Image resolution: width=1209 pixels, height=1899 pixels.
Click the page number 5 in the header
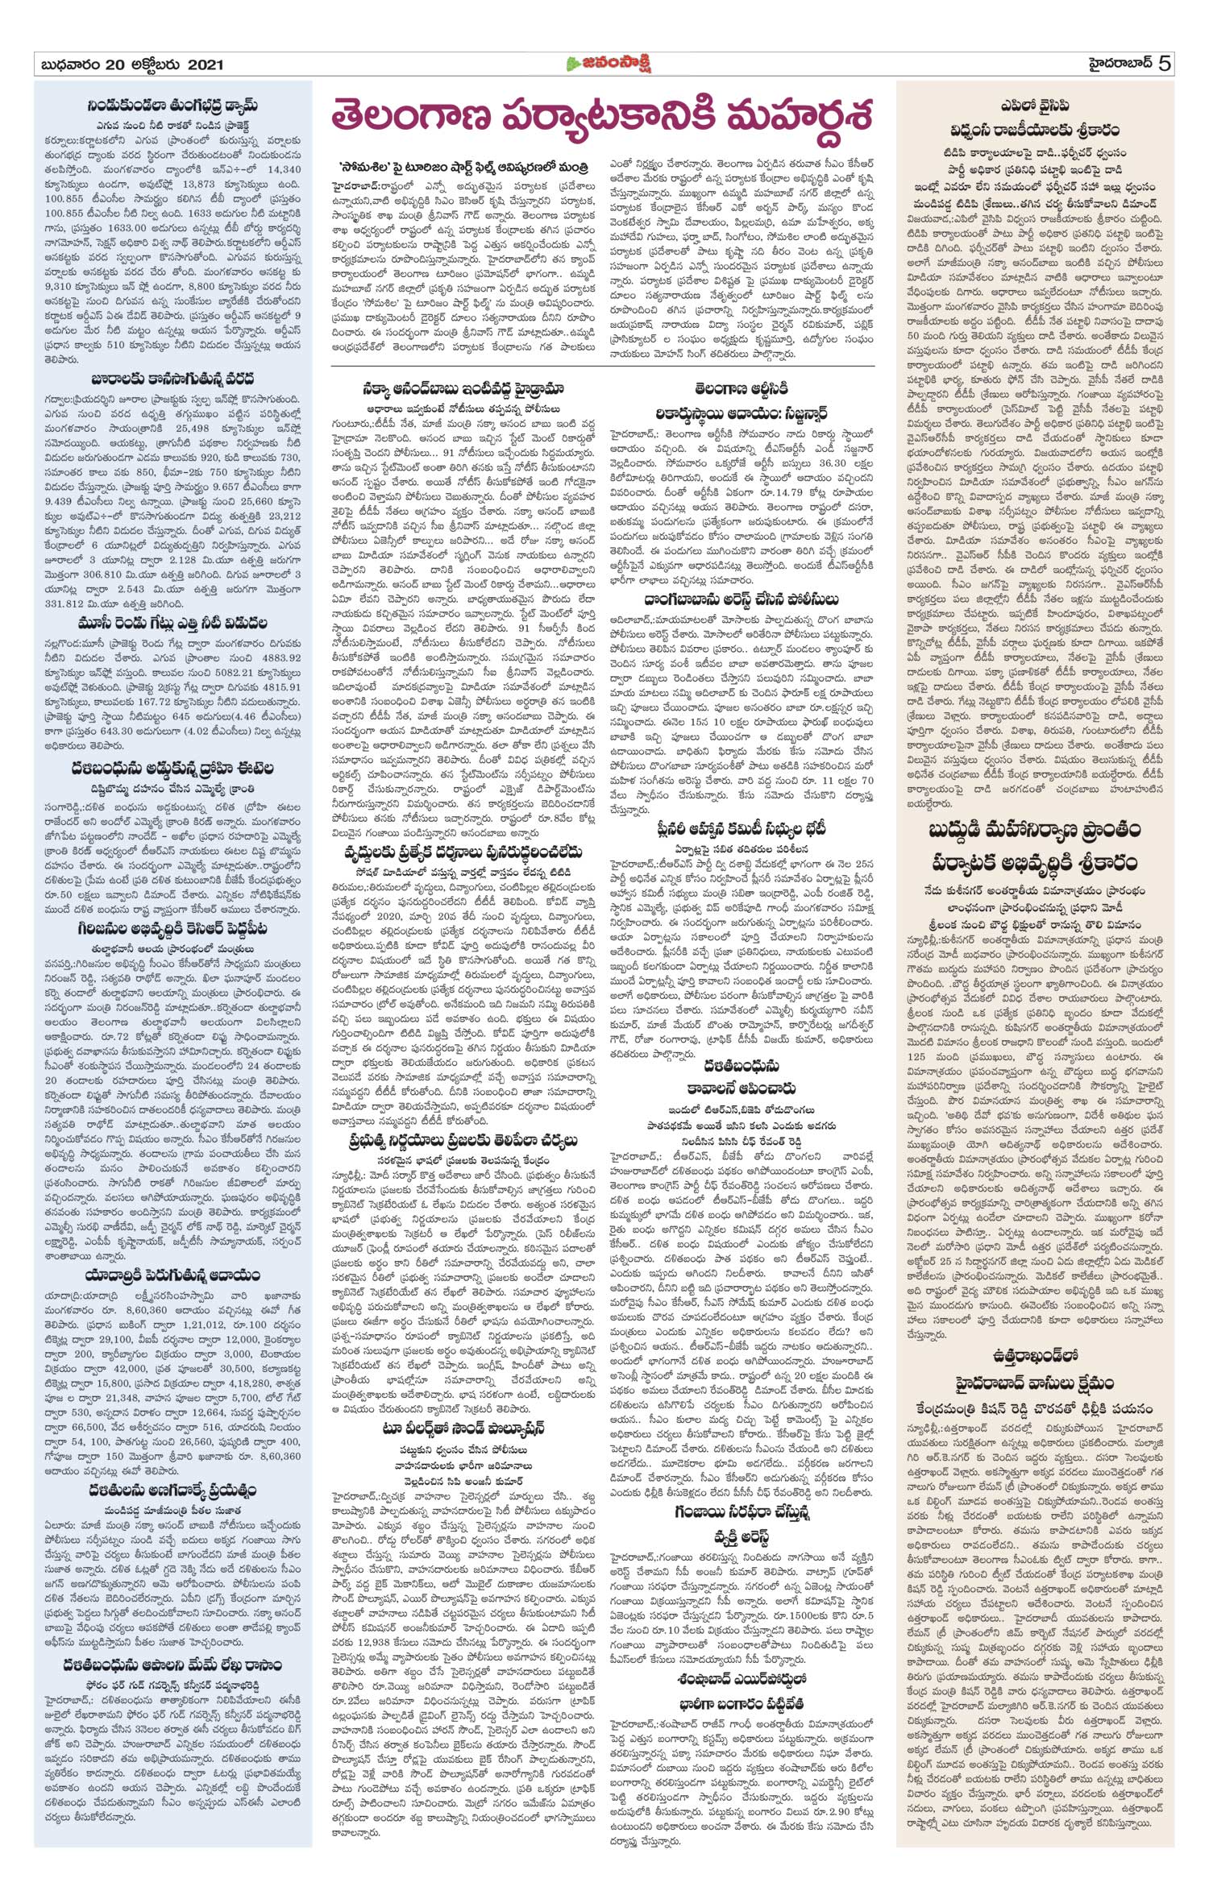pyautogui.click(x=1163, y=64)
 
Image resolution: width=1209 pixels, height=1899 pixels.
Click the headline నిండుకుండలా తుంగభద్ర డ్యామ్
pyautogui.click(x=172, y=106)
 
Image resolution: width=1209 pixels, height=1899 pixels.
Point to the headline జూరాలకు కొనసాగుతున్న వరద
pyautogui.click(x=172, y=377)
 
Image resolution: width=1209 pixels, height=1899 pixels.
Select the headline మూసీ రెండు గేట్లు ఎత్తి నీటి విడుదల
pyautogui.click(x=172, y=623)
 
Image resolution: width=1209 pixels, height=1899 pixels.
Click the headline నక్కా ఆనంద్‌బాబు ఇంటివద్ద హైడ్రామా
pyautogui.click(x=461, y=388)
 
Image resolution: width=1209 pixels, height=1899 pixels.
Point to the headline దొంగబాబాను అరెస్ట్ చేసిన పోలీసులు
pyautogui.click(x=741, y=599)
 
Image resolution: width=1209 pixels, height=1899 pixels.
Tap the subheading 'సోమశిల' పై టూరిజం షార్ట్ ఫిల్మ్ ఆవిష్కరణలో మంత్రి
pyautogui.click(x=463, y=166)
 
